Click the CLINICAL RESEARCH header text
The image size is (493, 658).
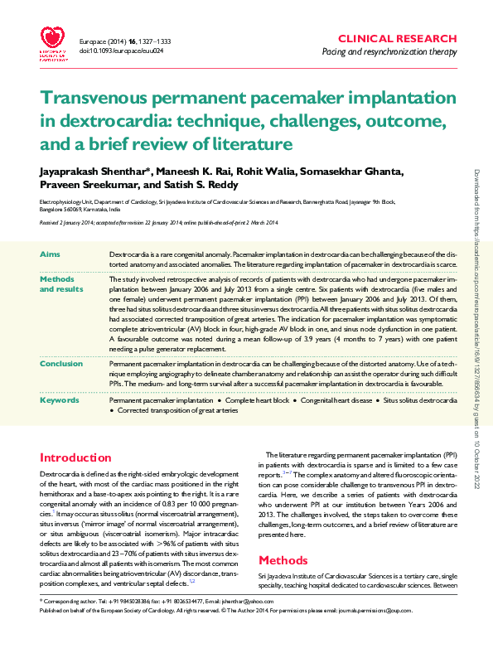[398, 39]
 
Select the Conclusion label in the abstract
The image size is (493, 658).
[60, 363]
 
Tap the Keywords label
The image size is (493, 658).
[59, 400]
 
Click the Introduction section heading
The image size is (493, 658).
[76, 457]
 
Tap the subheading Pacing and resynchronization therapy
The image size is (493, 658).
[389, 52]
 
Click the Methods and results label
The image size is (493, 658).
[61, 284]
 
